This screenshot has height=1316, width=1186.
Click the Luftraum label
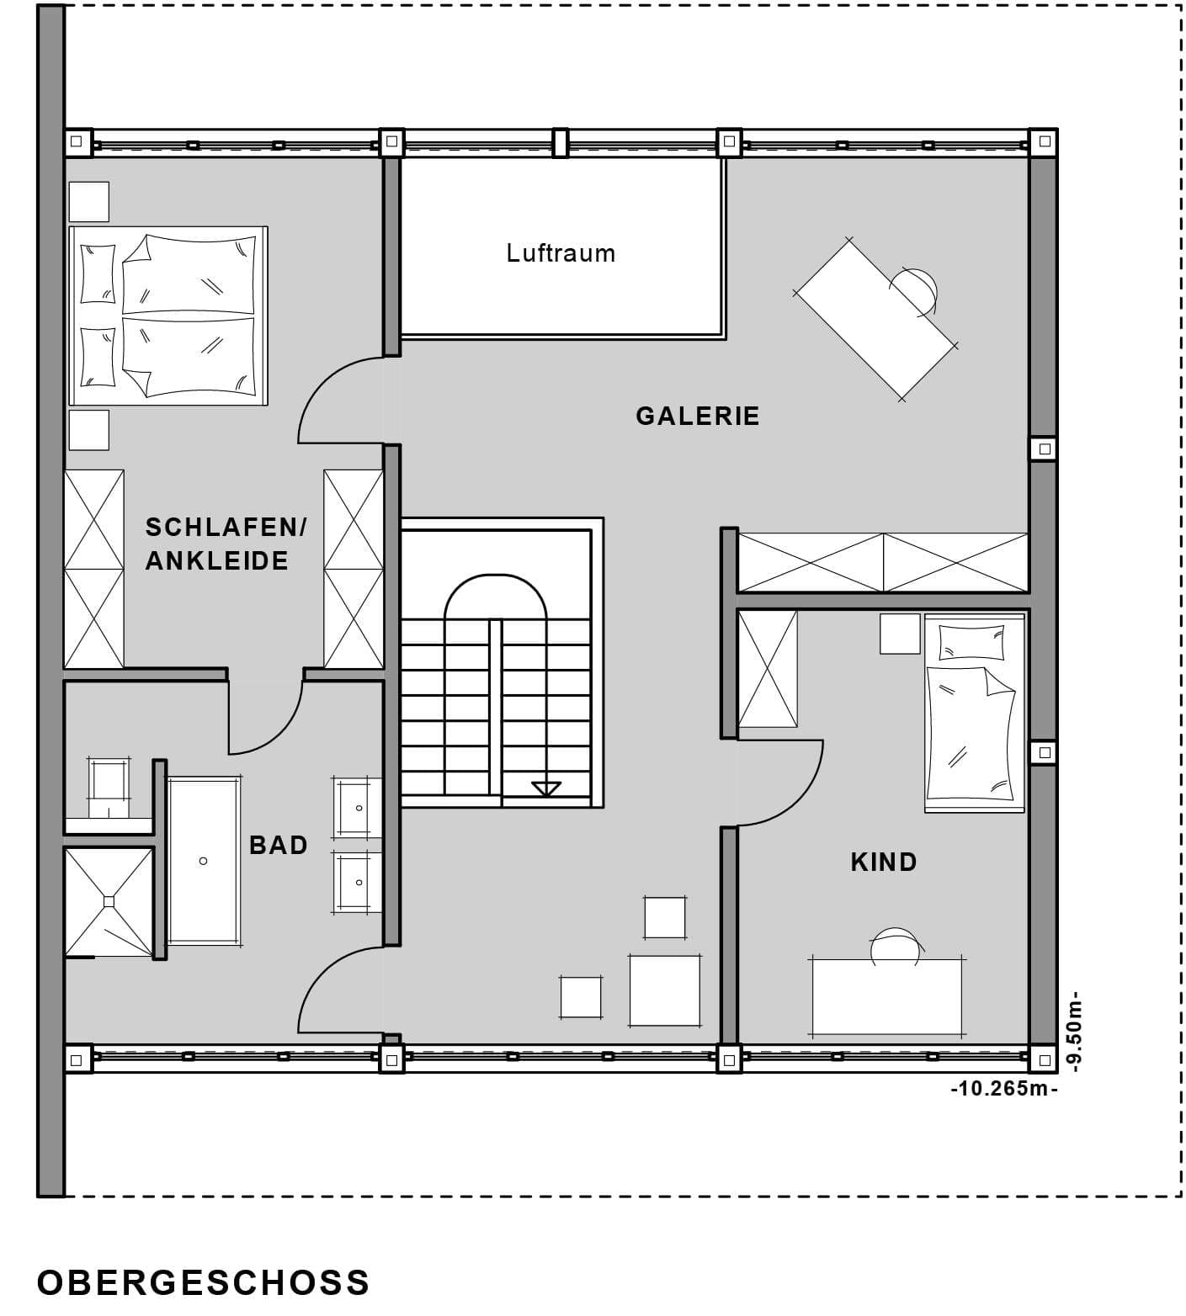(x=561, y=253)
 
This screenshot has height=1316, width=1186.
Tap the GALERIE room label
(x=698, y=416)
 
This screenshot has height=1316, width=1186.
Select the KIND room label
(x=884, y=862)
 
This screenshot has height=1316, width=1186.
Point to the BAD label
(x=279, y=845)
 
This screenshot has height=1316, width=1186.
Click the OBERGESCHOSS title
(x=204, y=1282)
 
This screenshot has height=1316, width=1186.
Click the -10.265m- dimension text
(x=1003, y=1088)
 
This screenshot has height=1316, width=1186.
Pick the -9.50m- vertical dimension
(x=1072, y=1032)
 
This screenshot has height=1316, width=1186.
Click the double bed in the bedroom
(x=168, y=316)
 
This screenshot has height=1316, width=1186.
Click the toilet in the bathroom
(x=109, y=787)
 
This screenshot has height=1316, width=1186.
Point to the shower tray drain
(x=109, y=901)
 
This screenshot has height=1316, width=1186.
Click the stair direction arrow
(x=546, y=788)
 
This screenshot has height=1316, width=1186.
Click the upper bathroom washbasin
(x=357, y=808)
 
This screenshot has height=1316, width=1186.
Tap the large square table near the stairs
(x=665, y=990)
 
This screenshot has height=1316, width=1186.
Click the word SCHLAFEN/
(x=226, y=528)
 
